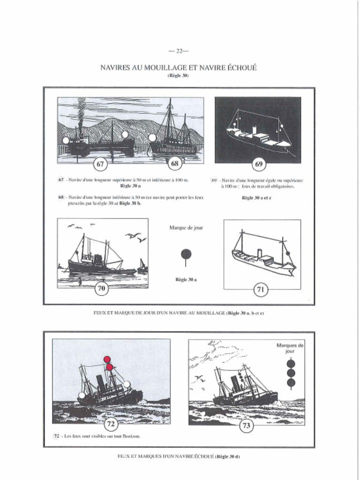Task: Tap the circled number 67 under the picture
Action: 100,164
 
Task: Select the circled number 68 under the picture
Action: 174,164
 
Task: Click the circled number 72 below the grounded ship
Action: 111,424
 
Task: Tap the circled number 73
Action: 247,426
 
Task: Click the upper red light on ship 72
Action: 107,359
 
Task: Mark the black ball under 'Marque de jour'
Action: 186,254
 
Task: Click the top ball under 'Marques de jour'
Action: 291,363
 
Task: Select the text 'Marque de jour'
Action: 186,228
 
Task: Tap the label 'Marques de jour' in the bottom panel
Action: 290,348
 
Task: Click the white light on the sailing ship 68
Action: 152,137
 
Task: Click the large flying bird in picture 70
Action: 133,235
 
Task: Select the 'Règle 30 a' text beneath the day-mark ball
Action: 186,280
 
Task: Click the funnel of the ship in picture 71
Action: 259,254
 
